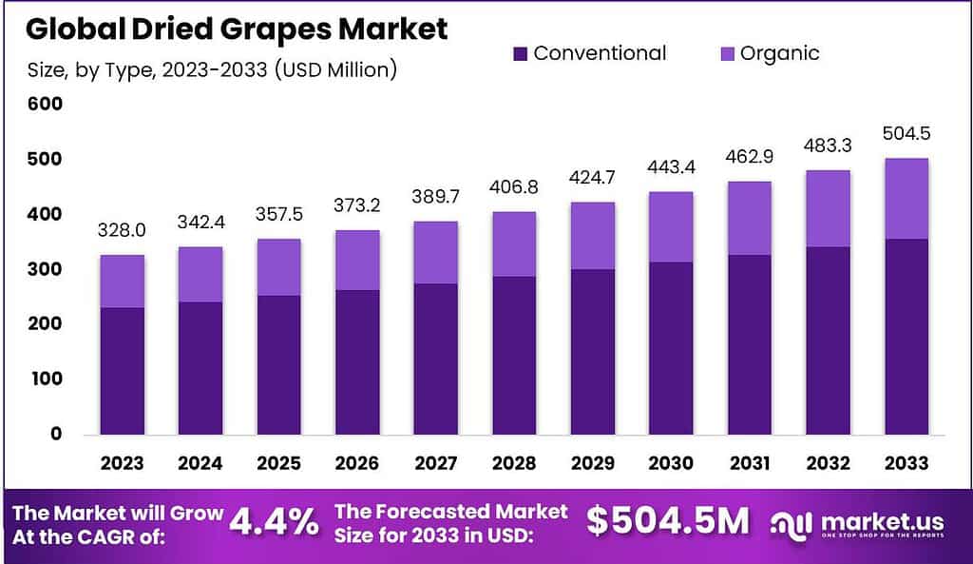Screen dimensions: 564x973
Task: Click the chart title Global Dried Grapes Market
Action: [x=237, y=29]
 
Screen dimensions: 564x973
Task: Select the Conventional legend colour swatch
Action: [x=519, y=53]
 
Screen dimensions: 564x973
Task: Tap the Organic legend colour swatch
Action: [x=726, y=53]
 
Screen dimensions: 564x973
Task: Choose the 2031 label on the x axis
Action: [x=749, y=463]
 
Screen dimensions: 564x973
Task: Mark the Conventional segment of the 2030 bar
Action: [x=670, y=348]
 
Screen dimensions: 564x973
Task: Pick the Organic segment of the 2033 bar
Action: [x=906, y=199]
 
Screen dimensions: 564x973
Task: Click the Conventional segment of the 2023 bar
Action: [x=121, y=371]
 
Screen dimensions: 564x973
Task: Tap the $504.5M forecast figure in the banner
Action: [x=667, y=521]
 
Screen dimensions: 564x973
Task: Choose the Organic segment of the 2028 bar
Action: [x=512, y=244]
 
